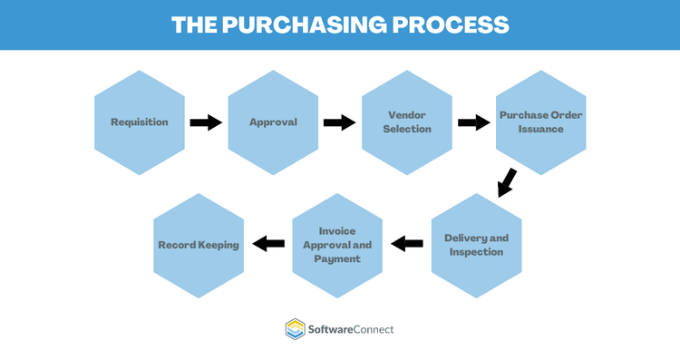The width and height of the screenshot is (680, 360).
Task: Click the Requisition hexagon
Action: click(139, 122)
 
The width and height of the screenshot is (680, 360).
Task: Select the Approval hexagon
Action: click(273, 122)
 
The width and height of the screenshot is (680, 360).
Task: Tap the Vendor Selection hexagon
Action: click(407, 122)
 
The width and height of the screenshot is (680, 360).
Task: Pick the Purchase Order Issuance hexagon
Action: click(541, 122)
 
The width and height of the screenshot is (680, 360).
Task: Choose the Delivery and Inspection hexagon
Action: click(476, 245)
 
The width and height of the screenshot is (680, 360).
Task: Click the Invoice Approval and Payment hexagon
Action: click(337, 245)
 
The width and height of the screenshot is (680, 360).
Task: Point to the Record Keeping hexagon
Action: click(199, 245)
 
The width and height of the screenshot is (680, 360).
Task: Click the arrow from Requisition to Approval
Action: click(206, 122)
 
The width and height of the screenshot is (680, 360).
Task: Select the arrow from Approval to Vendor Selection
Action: click(339, 122)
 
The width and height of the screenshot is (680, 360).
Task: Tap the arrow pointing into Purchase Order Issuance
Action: click(473, 122)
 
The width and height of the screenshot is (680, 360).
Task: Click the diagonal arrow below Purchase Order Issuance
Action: click(507, 182)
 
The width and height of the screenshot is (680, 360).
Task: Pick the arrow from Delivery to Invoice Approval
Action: click(407, 243)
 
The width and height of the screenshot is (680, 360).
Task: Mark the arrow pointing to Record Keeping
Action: click(268, 243)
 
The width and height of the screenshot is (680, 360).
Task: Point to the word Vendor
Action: click(407, 116)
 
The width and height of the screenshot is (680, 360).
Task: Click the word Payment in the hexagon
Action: click(337, 258)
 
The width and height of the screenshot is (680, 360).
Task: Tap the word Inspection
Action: click(476, 251)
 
